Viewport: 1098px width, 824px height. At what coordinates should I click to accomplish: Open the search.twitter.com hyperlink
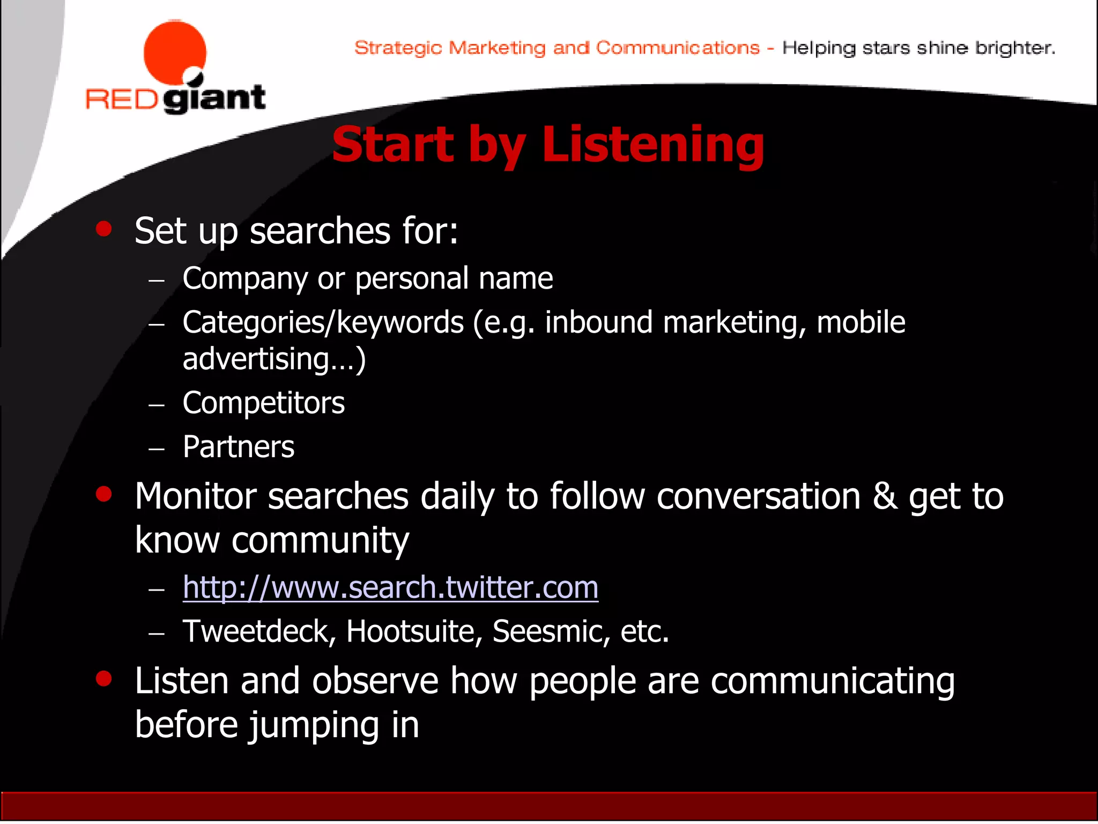tap(390, 587)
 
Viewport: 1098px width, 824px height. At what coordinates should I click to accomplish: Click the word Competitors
tap(263, 403)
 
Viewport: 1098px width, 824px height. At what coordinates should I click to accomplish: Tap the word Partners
tap(239, 447)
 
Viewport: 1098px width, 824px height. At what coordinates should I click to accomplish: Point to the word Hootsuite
tap(411, 631)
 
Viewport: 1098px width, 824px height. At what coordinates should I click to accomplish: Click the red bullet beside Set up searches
tap(103, 229)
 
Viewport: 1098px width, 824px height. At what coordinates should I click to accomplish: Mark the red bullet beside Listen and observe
tap(103, 679)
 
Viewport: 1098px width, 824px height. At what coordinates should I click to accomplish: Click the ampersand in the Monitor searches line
tap(885, 497)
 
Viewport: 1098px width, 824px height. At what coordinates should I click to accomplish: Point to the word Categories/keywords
tap(323, 323)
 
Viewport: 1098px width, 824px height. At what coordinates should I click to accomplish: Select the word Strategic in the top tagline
tap(398, 48)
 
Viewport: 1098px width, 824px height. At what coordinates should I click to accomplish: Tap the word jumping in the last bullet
tap(315, 725)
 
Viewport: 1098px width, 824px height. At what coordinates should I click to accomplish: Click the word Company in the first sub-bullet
tap(245, 279)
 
